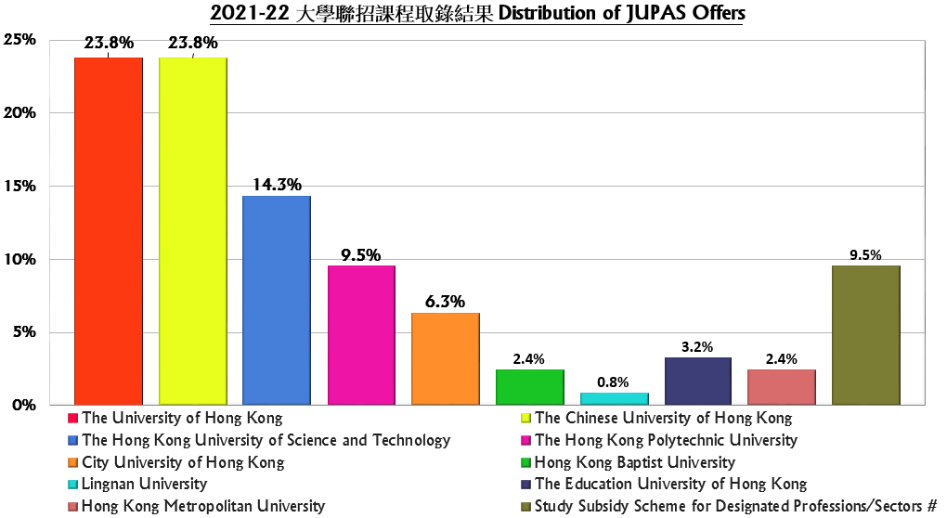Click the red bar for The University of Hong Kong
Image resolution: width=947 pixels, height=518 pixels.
click(x=109, y=231)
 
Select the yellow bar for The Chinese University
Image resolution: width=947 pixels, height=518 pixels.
click(x=193, y=231)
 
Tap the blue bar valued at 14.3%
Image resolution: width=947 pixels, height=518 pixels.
click(x=277, y=301)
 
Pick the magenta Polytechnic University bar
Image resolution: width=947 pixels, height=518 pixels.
click(x=361, y=335)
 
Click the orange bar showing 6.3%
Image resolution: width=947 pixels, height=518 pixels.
click(x=446, y=359)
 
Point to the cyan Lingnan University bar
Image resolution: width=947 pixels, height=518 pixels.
click(x=614, y=399)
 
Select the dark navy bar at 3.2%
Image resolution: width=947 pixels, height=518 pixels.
click(x=698, y=382)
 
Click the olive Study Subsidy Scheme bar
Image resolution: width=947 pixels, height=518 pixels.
click(x=866, y=335)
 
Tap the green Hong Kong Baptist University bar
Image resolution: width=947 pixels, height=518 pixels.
click(x=530, y=387)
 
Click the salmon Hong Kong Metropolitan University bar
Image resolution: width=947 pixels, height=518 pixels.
click(x=782, y=387)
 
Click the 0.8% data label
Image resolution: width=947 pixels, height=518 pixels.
click(x=613, y=382)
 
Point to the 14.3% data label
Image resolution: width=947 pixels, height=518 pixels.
click(x=278, y=185)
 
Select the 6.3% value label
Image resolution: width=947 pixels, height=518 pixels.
click(x=446, y=302)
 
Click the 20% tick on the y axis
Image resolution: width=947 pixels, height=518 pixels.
click(x=19, y=113)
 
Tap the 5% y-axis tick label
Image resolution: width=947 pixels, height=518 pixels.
click(x=23, y=332)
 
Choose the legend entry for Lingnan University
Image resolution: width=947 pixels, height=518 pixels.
click(x=144, y=484)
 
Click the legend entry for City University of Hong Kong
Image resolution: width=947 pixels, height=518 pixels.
click(x=183, y=462)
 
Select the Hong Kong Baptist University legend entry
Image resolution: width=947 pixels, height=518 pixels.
click(x=635, y=462)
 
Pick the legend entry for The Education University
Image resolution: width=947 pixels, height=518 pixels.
click(x=670, y=484)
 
